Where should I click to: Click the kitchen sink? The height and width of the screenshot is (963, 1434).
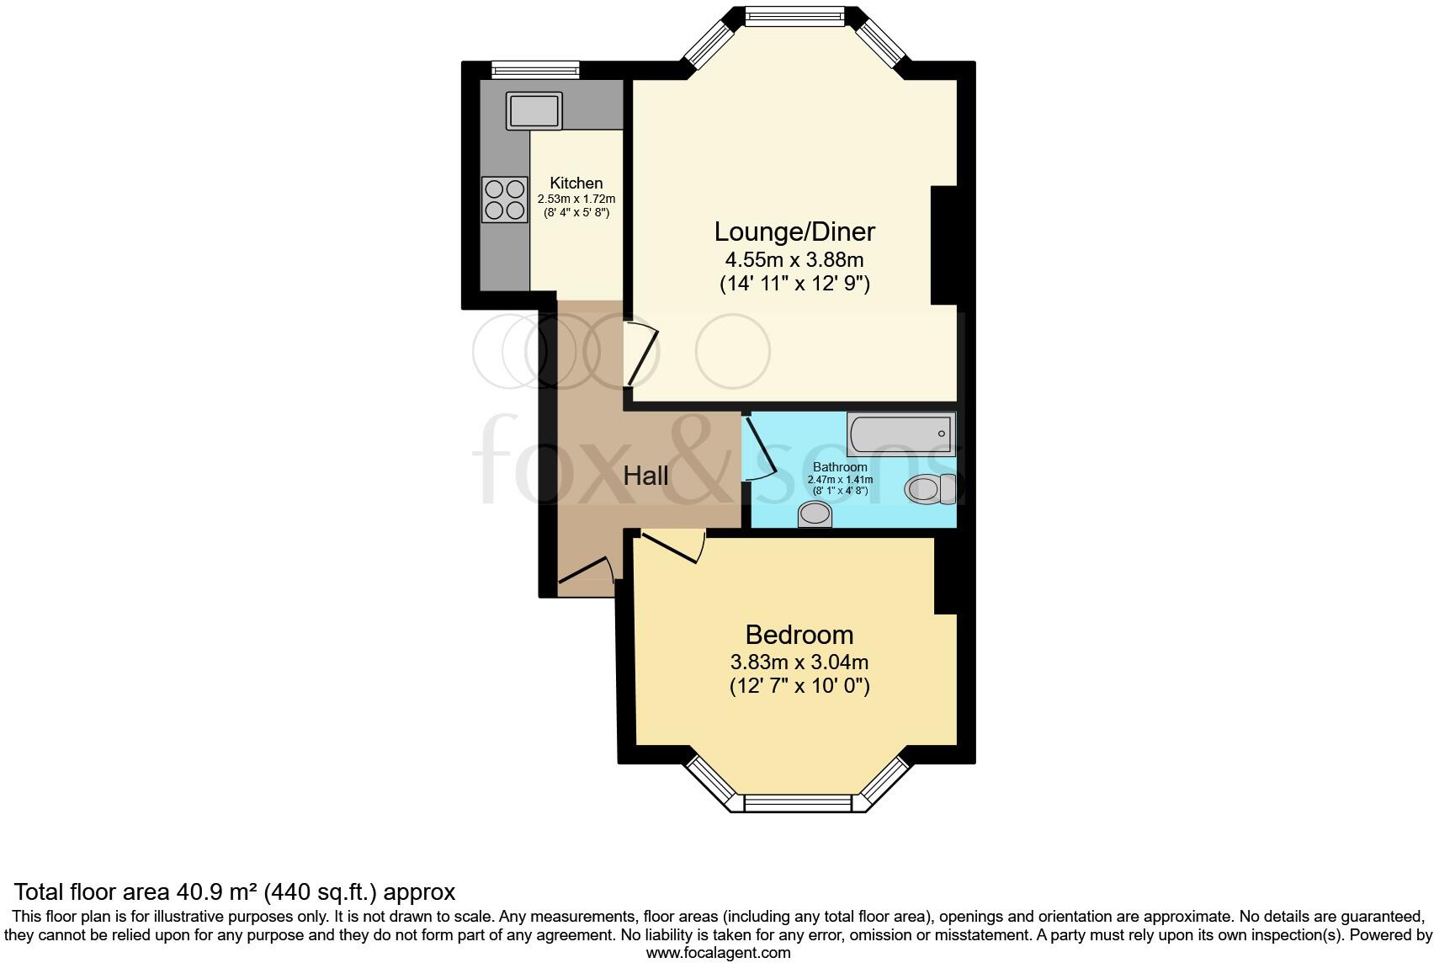coord(534,111)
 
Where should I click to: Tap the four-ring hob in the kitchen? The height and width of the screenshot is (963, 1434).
coord(504,200)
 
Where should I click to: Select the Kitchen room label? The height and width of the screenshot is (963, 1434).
coord(576,183)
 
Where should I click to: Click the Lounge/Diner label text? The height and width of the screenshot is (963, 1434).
coord(794,231)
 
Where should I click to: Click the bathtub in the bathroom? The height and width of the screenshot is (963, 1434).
coord(901,434)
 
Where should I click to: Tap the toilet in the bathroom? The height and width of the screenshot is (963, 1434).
coord(929,489)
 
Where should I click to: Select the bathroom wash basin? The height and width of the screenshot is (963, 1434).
coord(815,514)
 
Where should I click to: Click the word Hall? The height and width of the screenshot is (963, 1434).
coord(645,476)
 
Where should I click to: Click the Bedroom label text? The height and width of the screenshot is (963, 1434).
coord(799,635)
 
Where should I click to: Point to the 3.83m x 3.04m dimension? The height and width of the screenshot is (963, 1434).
coord(799,662)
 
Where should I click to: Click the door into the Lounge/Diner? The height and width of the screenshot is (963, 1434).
coord(641,354)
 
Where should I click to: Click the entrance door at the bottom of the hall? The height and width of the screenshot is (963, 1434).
coord(587,571)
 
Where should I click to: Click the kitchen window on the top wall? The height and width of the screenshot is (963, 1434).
coord(535,70)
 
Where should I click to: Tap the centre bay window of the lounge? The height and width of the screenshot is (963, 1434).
coord(794,16)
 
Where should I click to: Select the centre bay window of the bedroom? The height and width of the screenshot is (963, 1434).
coord(798,804)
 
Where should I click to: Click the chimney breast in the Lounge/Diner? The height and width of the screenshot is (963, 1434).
coord(943,244)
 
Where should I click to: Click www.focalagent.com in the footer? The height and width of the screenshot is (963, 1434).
coord(718,954)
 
